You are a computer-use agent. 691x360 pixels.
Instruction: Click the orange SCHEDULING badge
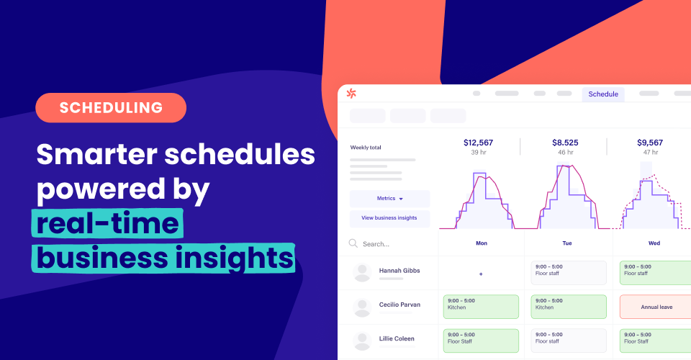click(111, 108)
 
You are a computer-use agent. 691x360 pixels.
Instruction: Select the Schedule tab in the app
click(603, 94)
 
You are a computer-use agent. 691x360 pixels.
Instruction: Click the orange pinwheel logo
click(351, 93)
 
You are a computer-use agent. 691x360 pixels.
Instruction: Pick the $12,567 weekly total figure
click(478, 143)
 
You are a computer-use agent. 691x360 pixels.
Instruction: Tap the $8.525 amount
click(565, 143)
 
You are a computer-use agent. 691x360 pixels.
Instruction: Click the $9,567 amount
click(650, 143)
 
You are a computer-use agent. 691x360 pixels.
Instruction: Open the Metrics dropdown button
click(389, 199)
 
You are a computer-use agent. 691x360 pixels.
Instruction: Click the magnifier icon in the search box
click(353, 243)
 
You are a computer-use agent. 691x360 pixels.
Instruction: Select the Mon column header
click(481, 243)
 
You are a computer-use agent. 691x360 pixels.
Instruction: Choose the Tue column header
click(567, 243)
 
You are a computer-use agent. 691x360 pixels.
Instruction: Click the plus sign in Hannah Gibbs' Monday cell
click(481, 274)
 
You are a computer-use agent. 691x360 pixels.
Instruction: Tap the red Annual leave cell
click(656, 307)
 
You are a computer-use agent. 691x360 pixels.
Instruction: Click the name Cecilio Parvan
click(400, 305)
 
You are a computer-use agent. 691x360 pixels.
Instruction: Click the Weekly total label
click(366, 148)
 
